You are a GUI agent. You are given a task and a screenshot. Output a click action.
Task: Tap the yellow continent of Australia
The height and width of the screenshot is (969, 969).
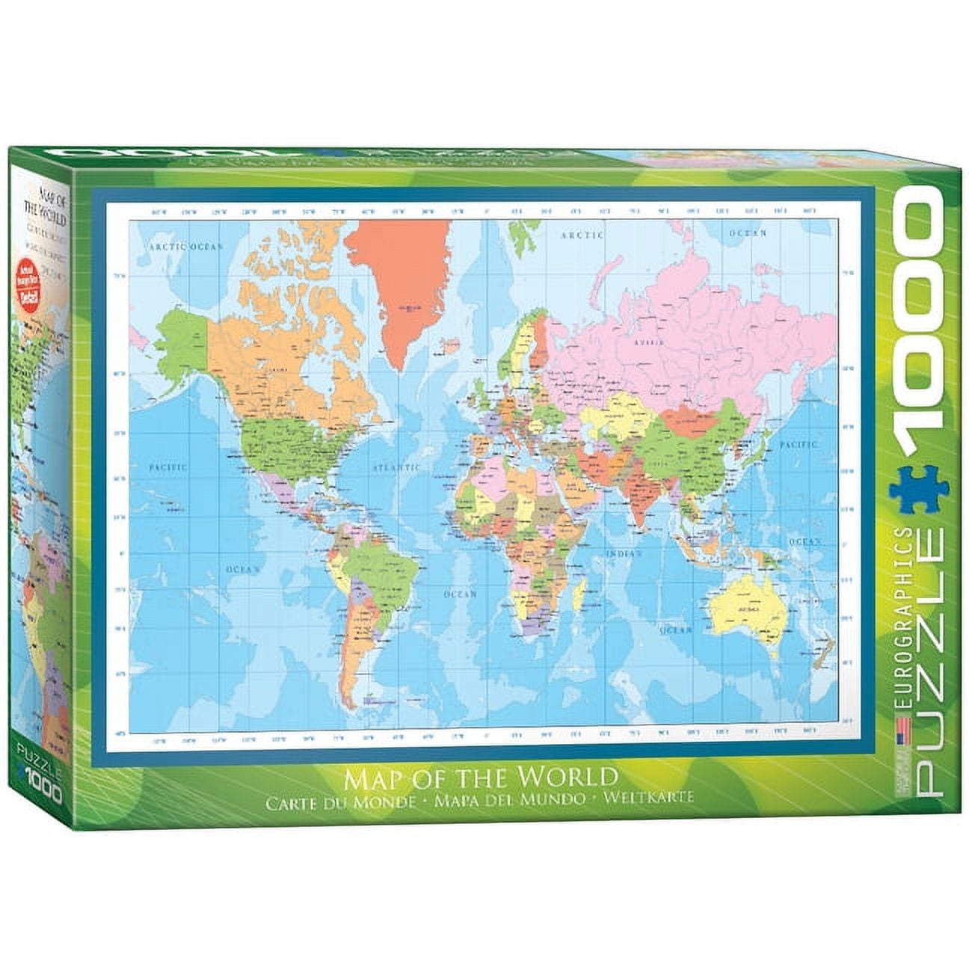[748, 609]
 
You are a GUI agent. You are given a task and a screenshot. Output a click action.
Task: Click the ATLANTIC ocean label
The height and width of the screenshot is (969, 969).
[396, 467]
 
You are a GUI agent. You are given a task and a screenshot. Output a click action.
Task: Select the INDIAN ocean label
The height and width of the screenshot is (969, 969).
[624, 553]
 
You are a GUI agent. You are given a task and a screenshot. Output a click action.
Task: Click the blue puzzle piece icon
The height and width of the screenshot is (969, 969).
[919, 489]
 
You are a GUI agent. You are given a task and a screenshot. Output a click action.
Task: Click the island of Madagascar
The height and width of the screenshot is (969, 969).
[579, 594]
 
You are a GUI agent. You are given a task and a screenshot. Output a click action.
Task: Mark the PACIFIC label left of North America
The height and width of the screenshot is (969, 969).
[167, 467]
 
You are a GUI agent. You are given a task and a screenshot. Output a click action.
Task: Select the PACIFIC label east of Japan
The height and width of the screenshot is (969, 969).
[799, 444]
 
